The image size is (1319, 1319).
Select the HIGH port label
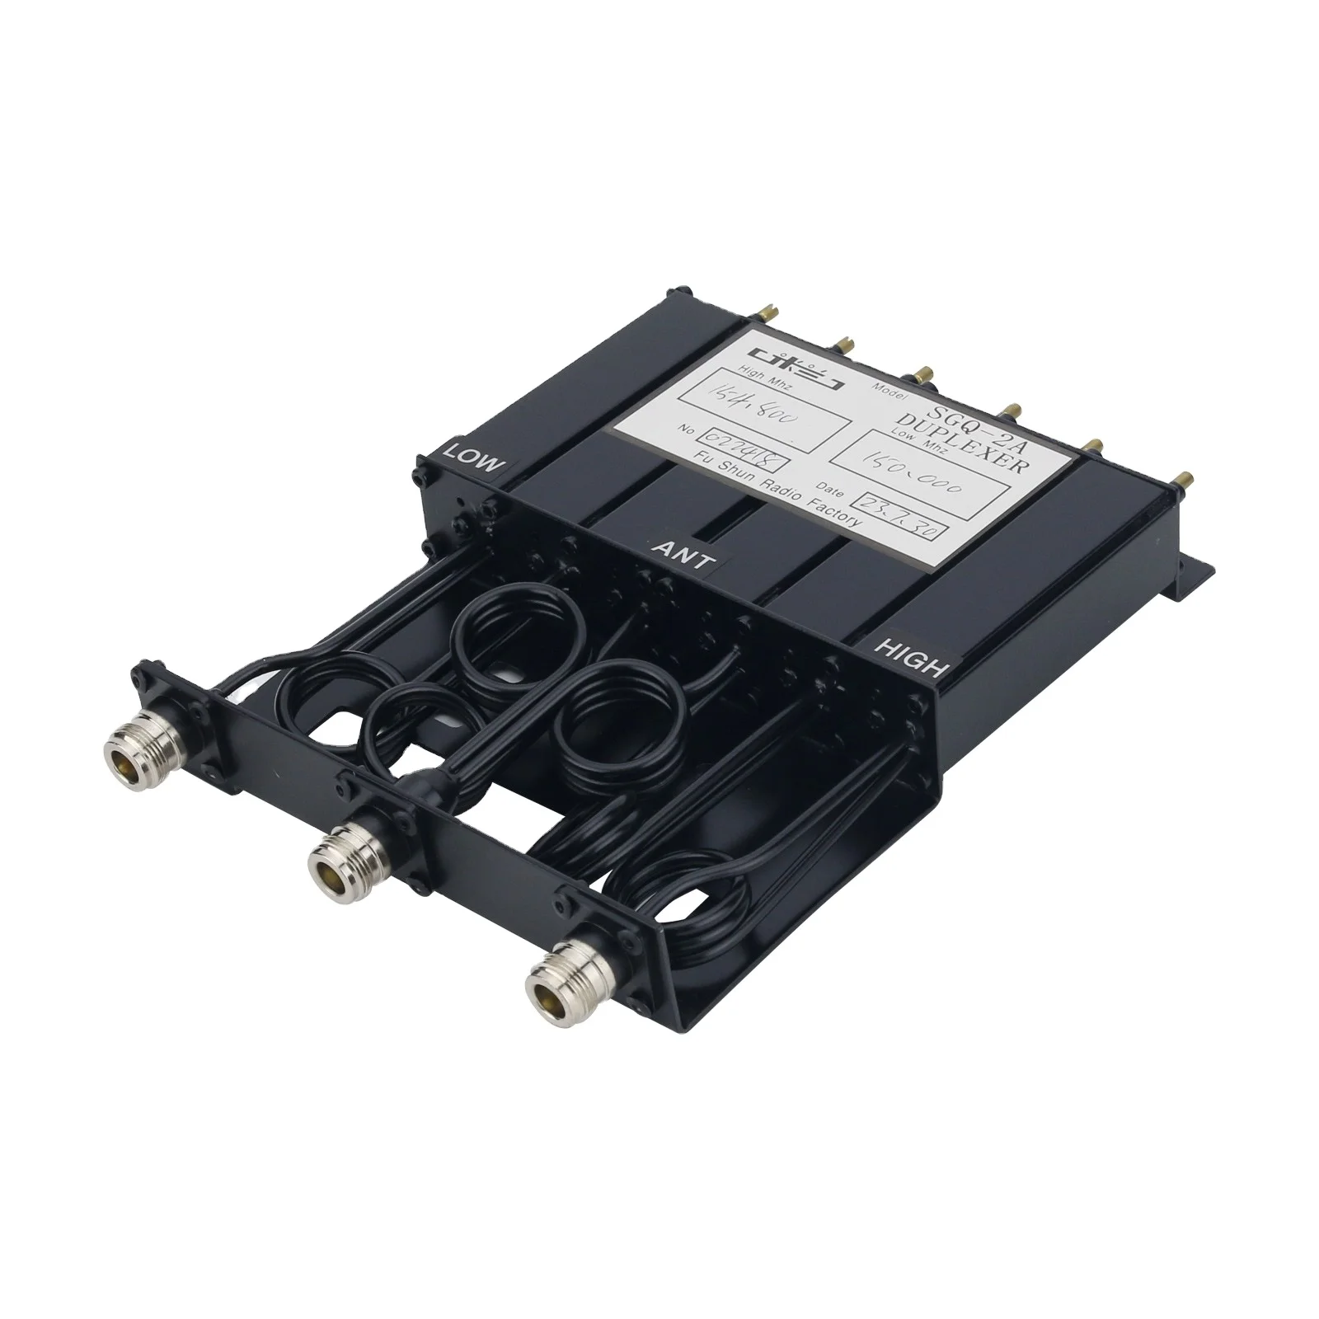point(911,658)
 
